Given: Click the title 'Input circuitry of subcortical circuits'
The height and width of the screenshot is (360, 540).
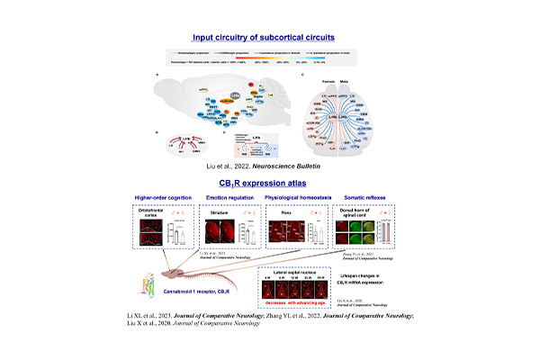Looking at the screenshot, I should [x=270, y=37].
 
